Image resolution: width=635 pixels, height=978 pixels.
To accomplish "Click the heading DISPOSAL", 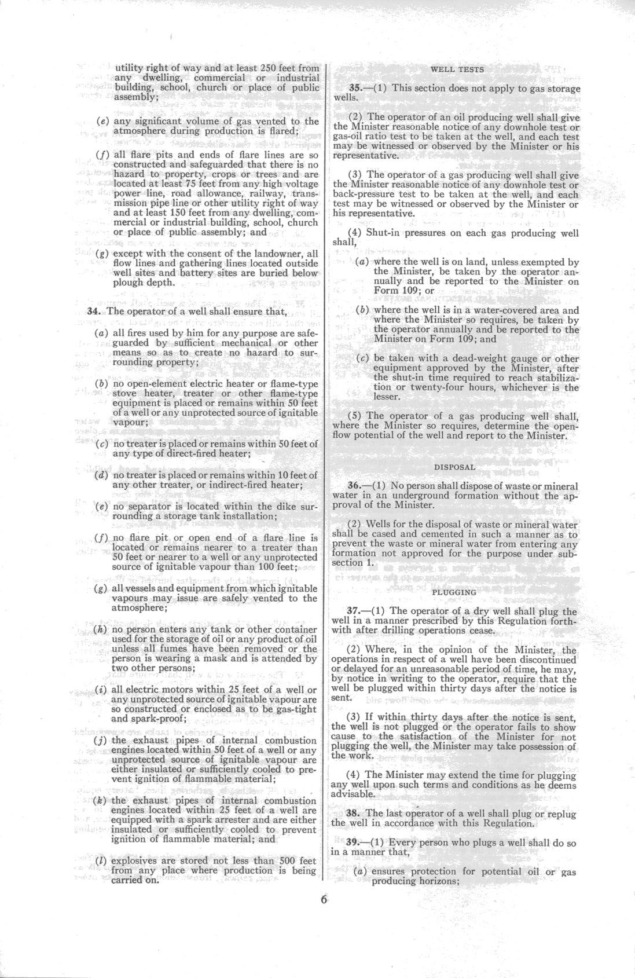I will (454, 466).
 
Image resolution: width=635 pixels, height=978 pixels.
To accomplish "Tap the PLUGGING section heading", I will (454, 592).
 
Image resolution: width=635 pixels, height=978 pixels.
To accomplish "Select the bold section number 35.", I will (356, 88).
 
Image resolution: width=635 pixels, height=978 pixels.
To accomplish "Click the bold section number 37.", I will (354, 611).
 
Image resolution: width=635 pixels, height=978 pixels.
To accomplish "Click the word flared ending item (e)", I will (280, 131).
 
